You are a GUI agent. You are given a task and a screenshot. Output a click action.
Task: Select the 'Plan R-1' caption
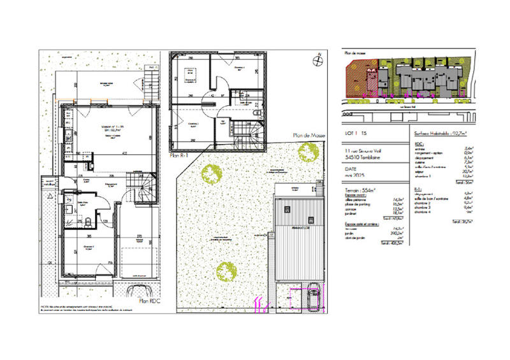180,155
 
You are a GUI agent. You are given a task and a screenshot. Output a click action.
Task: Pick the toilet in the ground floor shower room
87,222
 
